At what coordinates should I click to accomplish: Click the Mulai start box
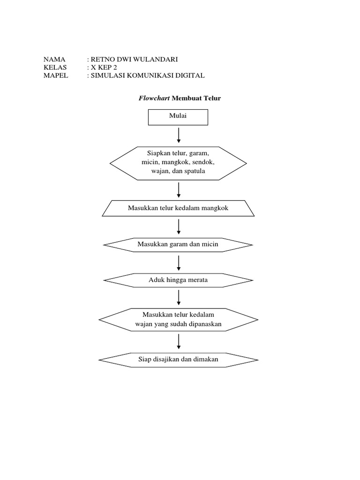pyautogui.click(x=178, y=117)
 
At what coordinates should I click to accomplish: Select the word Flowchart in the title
pyautogui.click(x=154, y=98)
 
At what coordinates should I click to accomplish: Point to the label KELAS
pyautogui.click(x=55, y=67)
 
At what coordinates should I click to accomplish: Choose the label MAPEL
pyautogui.click(x=56, y=75)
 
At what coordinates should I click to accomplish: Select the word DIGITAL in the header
pyautogui.click(x=188, y=75)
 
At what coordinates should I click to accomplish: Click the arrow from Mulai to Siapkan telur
pyautogui.click(x=179, y=135)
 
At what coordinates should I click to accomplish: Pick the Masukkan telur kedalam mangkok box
pyautogui.click(x=178, y=208)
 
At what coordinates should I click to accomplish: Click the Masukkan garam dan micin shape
pyautogui.click(x=178, y=244)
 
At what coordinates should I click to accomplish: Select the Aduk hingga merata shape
pyautogui.click(x=178, y=280)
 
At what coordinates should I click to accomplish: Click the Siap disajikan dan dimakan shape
pyautogui.click(x=178, y=360)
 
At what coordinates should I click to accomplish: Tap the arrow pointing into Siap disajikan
pyautogui.click(x=179, y=341)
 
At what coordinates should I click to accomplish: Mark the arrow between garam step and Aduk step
pyautogui.click(x=179, y=262)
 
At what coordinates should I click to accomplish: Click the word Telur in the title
pyautogui.click(x=211, y=98)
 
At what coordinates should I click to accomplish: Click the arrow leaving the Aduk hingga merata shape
pyautogui.click(x=179, y=298)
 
